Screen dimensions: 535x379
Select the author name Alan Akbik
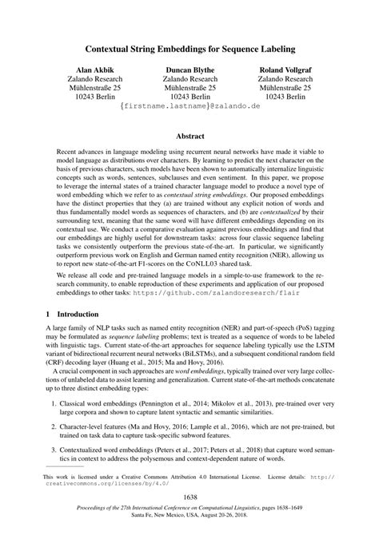tap(95, 70)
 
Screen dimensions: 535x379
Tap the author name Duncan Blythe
tap(189, 70)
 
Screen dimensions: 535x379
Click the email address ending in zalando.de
tap(189, 105)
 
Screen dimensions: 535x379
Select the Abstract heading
tap(189, 136)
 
